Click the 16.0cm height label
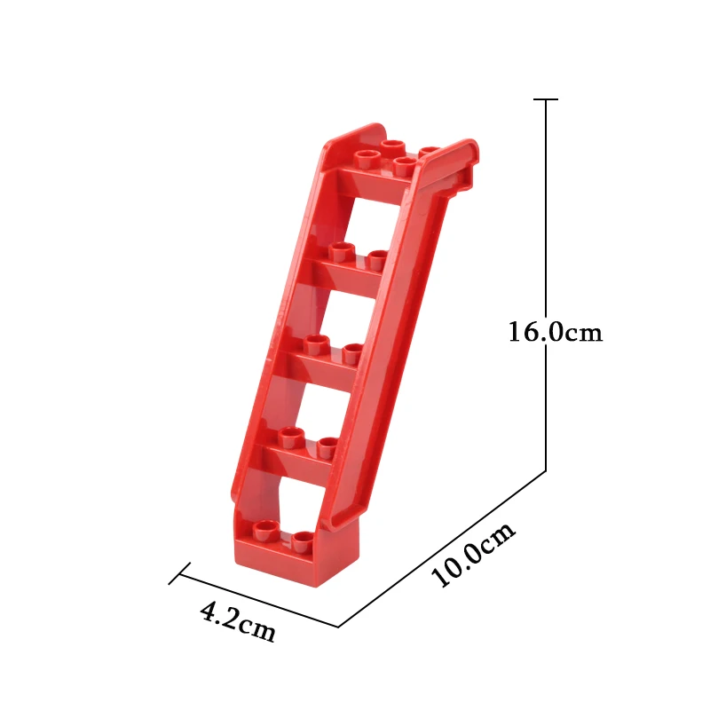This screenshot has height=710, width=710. coord(556,332)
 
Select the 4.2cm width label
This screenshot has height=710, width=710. coord(238,622)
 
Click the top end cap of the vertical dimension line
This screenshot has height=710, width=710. coord(546,99)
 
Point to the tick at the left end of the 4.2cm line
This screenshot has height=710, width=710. coord(179,573)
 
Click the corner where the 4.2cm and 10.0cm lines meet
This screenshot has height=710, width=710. coord(338,627)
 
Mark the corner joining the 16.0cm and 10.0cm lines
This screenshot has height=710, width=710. coord(546,471)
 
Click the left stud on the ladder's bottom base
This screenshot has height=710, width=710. coord(265,530)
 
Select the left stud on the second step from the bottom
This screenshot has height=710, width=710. coord(291,437)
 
